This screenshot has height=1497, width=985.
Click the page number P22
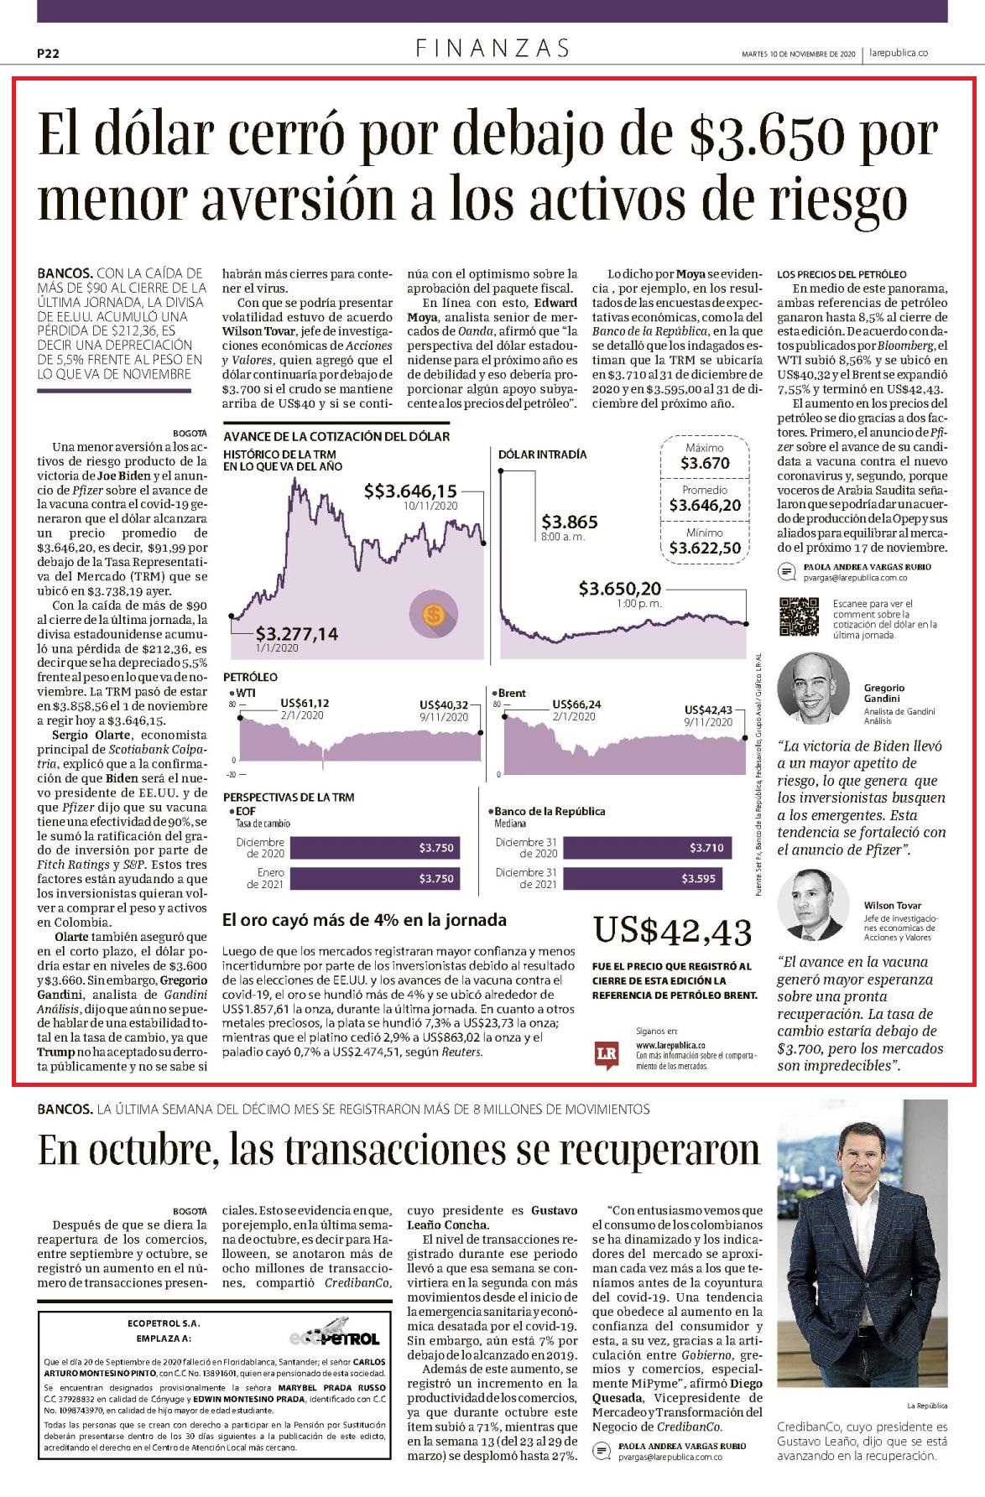coord(48,53)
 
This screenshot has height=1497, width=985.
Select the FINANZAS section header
coord(492,48)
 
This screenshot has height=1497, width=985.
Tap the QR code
coord(799,616)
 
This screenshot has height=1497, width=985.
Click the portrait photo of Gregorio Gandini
coord(813,689)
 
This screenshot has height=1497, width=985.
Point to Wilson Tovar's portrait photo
coord(813,905)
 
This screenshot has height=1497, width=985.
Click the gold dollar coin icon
coord(433,616)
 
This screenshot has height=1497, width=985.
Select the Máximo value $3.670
coord(705,463)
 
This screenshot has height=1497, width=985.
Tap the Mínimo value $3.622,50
coord(705,548)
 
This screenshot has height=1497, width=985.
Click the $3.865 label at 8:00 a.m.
coord(570,522)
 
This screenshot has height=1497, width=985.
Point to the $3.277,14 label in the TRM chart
coord(297,633)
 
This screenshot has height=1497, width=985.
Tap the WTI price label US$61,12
coord(305,704)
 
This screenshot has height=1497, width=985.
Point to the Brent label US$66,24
coord(576,704)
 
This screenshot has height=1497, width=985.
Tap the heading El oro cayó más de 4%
coord(364,920)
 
